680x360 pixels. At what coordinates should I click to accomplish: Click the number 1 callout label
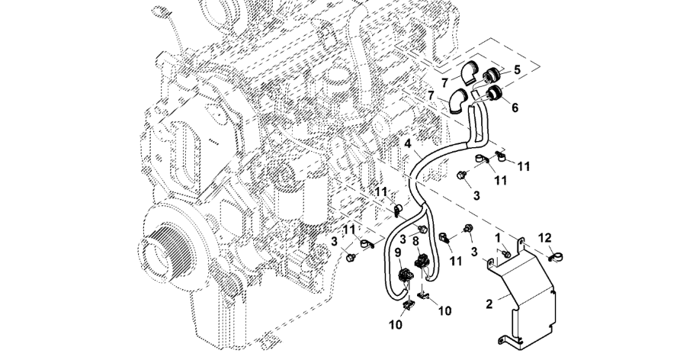click(498, 238)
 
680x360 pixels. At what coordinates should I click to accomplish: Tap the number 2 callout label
click(489, 304)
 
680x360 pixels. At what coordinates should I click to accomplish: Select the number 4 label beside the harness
click(407, 143)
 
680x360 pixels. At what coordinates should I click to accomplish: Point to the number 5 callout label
click(517, 69)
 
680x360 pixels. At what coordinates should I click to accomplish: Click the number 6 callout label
click(515, 107)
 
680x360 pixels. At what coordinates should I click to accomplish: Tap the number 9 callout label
click(398, 252)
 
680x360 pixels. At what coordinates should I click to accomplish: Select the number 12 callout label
click(545, 238)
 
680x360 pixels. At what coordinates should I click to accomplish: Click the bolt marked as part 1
click(506, 253)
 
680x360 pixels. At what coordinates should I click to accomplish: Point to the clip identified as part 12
click(553, 258)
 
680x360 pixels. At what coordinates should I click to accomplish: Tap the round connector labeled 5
click(492, 77)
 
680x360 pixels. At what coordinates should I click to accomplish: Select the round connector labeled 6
click(493, 94)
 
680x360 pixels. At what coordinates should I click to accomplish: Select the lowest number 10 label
click(396, 324)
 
